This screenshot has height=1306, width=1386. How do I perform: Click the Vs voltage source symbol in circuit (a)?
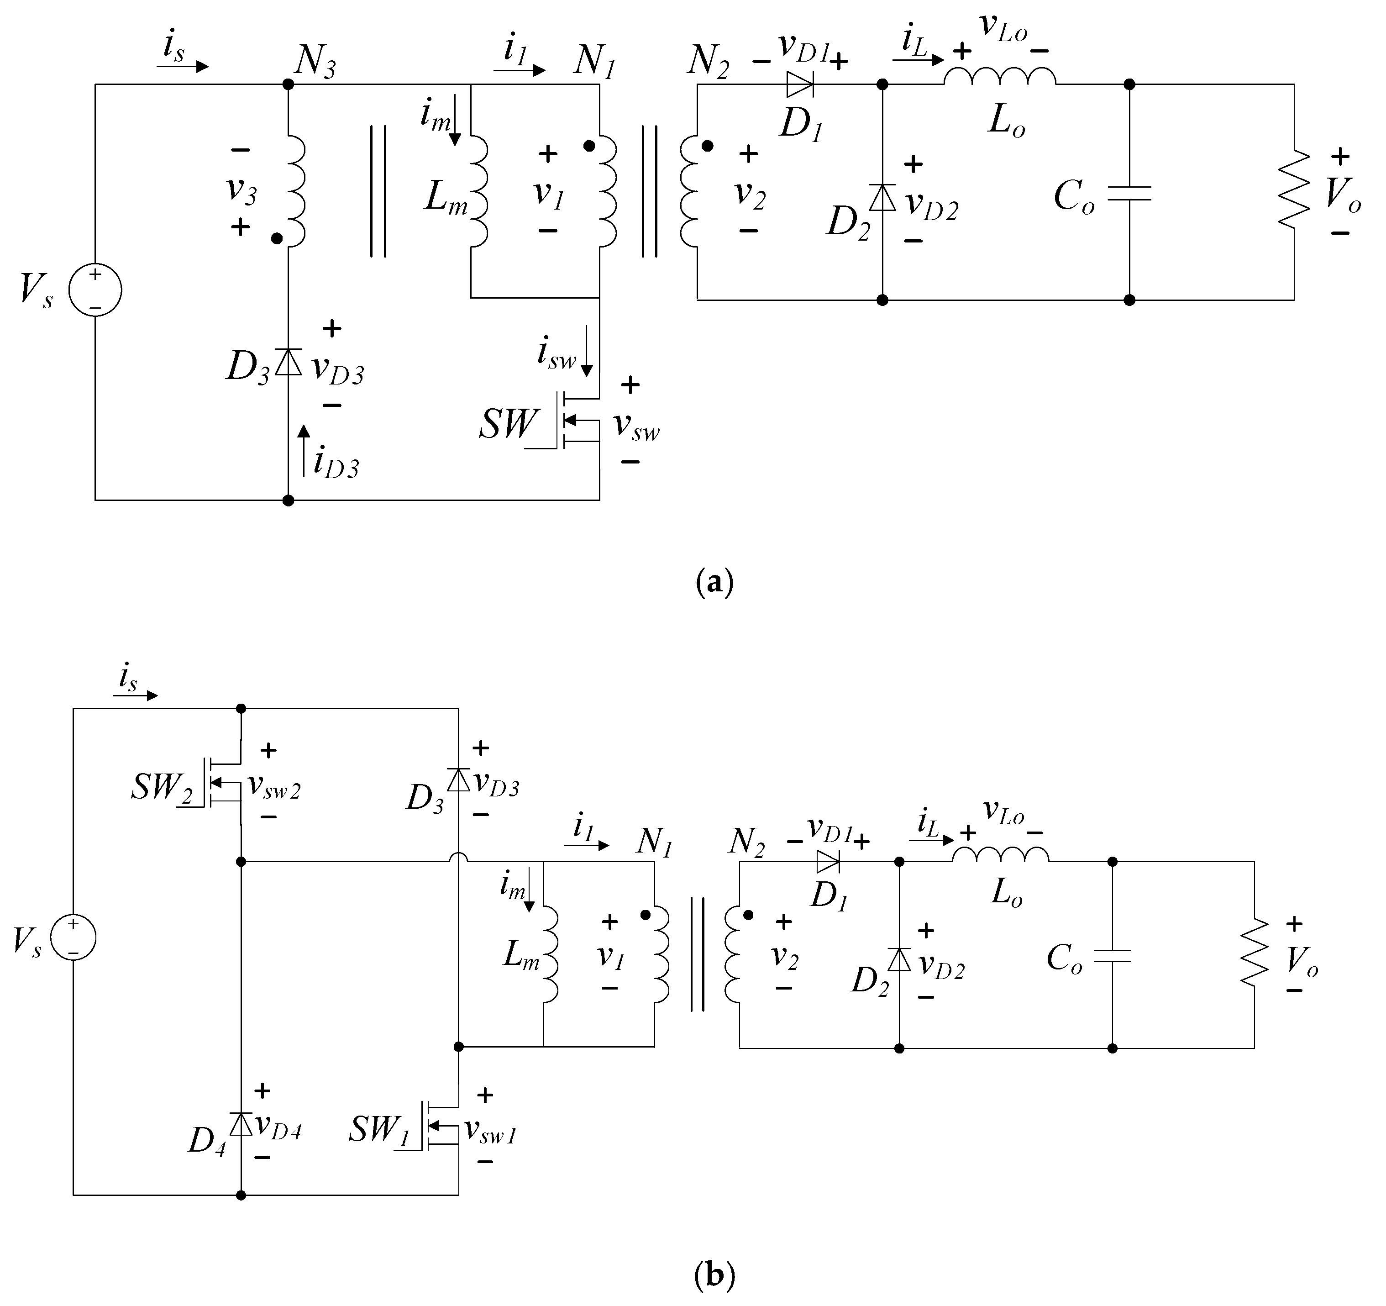point(95,290)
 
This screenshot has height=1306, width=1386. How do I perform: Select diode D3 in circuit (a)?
point(288,362)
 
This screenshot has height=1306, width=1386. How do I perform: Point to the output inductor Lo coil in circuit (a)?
point(1000,76)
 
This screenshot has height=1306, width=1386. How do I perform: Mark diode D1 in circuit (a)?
point(800,84)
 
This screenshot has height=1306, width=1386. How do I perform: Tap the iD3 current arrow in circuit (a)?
point(304,450)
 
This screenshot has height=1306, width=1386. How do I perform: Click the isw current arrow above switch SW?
point(587,351)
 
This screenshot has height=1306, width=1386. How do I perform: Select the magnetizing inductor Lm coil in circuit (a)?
point(478,191)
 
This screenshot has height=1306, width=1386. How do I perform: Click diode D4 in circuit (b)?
point(241,1124)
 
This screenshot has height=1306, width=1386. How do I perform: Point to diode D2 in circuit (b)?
point(899,960)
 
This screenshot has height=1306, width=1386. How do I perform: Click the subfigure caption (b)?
point(714,1274)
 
